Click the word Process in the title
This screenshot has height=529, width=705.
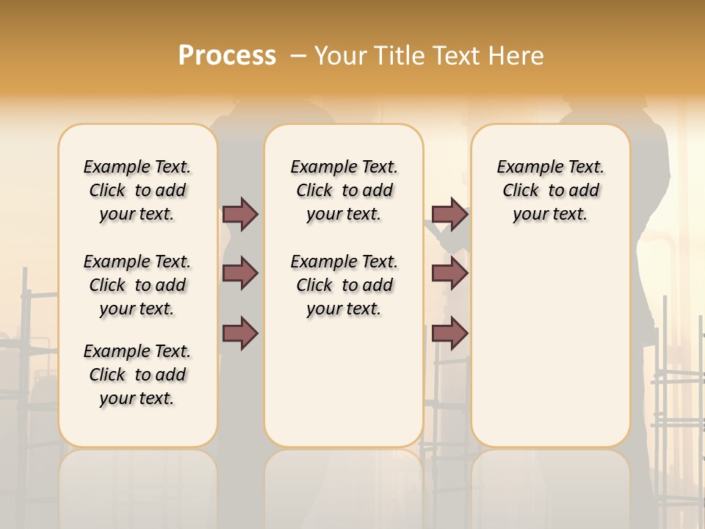227,56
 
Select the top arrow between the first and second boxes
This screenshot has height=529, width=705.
240,214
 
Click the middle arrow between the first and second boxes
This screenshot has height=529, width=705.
240,273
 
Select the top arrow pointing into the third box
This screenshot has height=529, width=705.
449,214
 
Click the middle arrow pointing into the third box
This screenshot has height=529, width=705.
449,273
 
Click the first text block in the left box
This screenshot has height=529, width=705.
137,190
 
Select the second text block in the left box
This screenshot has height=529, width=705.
137,285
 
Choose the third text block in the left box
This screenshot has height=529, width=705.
137,375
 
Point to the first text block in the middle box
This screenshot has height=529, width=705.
344,190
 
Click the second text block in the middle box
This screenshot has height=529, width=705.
344,285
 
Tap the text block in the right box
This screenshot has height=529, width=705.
550,190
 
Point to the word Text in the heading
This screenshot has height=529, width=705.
449,56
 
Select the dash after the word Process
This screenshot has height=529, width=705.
298,56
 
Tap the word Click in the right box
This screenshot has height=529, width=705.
521,191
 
